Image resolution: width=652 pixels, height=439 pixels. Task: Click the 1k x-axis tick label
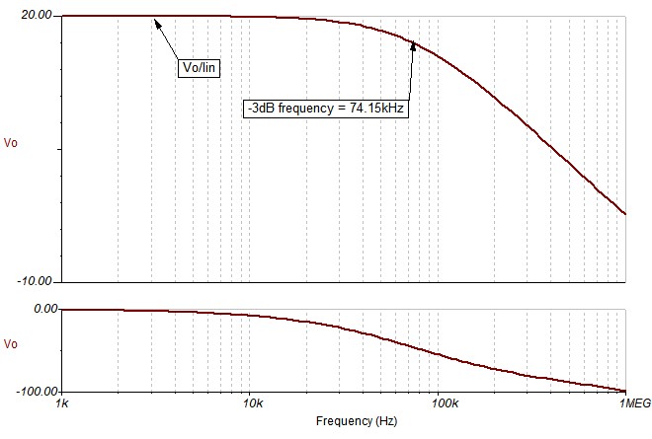[x=61, y=404]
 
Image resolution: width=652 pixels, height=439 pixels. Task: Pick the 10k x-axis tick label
[x=252, y=404]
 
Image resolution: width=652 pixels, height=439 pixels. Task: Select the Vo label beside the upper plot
[x=12, y=142]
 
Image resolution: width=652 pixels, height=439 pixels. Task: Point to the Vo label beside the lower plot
[x=12, y=344]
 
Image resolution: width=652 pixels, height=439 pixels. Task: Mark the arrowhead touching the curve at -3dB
[x=413, y=43]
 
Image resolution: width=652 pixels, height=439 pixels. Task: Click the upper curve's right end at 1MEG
[x=625, y=213]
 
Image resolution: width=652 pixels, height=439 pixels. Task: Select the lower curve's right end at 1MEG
[x=625, y=392]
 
